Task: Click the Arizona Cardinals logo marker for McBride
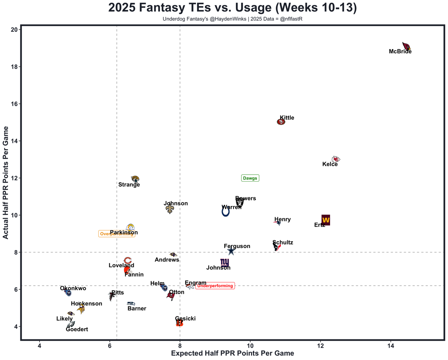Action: tap(406, 46)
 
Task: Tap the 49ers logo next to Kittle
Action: tap(281, 122)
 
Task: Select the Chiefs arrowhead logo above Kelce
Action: tap(336, 159)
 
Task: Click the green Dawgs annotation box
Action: tap(250, 178)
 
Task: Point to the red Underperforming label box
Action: tap(215, 286)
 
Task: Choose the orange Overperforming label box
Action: tap(117, 234)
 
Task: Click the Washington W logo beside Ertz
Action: tap(325, 220)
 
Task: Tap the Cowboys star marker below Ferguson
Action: tap(231, 251)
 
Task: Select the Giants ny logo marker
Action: tap(225, 262)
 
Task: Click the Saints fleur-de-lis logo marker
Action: tap(170, 209)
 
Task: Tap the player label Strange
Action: tap(129, 185)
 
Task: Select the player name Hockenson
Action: tap(86, 304)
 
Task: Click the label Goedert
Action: tap(77, 329)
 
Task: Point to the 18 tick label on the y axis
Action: tap(14, 67)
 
